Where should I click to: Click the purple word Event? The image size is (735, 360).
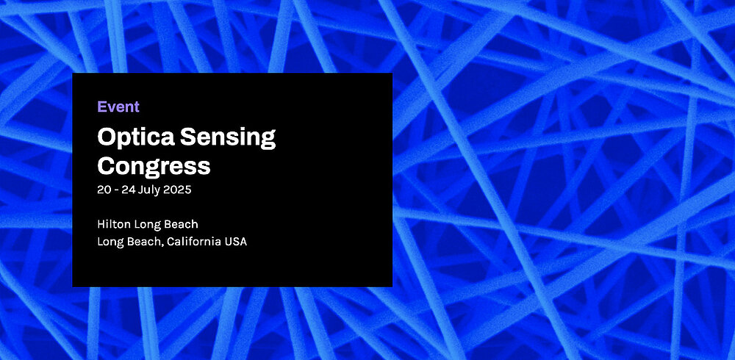pyautogui.click(x=118, y=107)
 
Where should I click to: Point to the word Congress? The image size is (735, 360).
pyautogui.click(x=154, y=166)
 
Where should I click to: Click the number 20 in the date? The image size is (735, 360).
pyautogui.click(x=104, y=190)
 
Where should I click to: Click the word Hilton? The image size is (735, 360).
pyautogui.click(x=112, y=224)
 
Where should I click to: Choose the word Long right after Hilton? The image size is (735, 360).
pyautogui.click(x=146, y=224)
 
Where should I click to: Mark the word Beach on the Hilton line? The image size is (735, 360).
pyautogui.click(x=181, y=224)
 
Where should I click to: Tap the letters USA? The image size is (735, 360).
pyautogui.click(x=236, y=242)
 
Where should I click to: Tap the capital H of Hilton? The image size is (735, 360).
pyautogui.click(x=101, y=224)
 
